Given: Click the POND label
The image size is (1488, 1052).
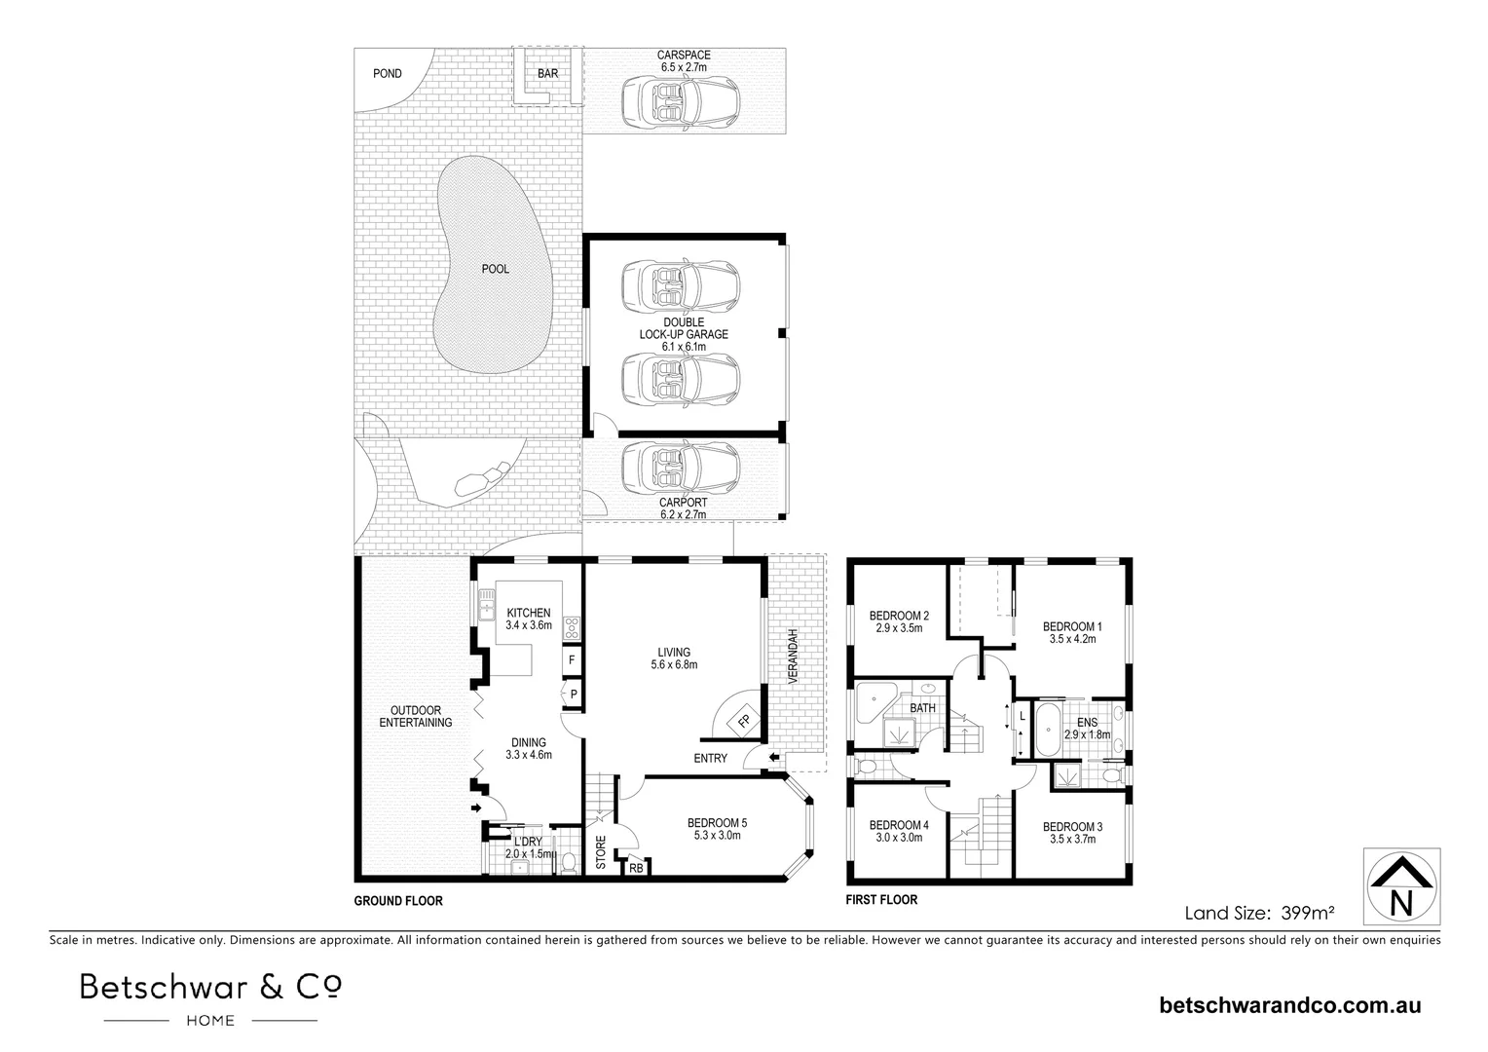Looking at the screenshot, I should tap(387, 73).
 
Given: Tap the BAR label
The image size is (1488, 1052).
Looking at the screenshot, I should tap(547, 73).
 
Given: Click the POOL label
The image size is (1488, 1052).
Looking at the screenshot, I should tap(495, 269).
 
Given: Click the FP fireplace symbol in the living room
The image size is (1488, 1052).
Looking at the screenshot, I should tap(743, 722).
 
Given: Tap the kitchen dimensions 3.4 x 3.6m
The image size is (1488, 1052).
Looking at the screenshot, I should tap(529, 625).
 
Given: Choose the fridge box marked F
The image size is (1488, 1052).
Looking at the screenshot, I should tap(572, 659).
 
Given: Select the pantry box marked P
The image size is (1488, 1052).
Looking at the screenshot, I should tap(574, 694).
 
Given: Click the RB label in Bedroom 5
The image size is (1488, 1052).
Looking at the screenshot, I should tap(636, 868).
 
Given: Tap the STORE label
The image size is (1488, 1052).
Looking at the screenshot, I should tap(601, 851).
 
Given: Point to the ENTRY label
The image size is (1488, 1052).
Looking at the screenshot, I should tap(710, 758).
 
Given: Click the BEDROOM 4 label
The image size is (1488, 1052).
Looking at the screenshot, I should tap(898, 824).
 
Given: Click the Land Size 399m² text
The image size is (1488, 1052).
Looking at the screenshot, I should tap(1258, 913).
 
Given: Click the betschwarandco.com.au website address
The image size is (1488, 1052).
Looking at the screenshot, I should tap(1290, 1005).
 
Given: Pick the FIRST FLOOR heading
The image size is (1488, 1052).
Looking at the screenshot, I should tap(881, 900).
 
